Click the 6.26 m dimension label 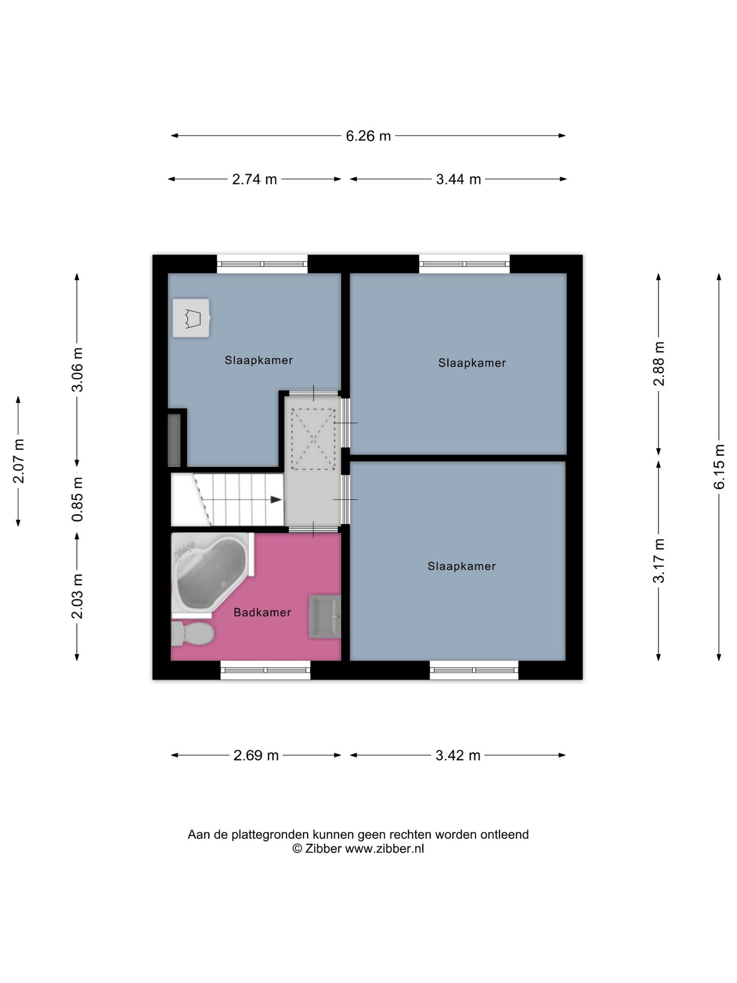[x=368, y=136]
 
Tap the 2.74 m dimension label [x=254, y=179]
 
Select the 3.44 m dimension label [x=458, y=179]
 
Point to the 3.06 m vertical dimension [x=77, y=370]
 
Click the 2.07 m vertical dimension [x=18, y=461]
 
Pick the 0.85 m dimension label [x=77, y=499]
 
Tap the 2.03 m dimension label [x=77, y=596]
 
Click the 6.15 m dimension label [x=719, y=466]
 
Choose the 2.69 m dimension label [x=255, y=755]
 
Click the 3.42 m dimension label [x=458, y=755]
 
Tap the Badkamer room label [x=262, y=612]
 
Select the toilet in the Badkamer [x=192, y=634]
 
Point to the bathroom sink [x=324, y=616]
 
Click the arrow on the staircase [x=275, y=500]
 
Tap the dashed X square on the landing [x=313, y=439]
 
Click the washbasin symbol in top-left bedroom [x=191, y=318]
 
